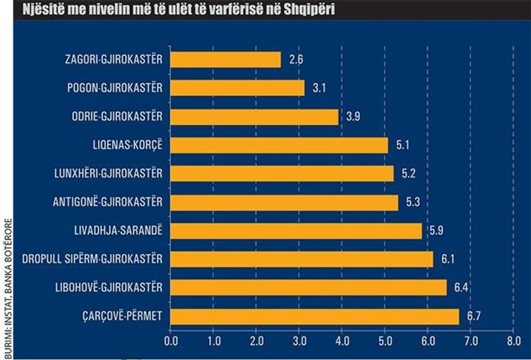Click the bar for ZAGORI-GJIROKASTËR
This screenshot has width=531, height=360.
coord(225,60)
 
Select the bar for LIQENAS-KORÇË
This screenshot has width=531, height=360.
coord(279,145)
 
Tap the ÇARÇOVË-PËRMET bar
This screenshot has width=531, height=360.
coord(314,316)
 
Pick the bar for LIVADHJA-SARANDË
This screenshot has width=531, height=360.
coord(296,231)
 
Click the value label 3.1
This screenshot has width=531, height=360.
coord(320,88)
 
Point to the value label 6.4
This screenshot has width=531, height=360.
coord(462,287)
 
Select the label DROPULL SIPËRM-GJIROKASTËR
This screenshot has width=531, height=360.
coord(92,259)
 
